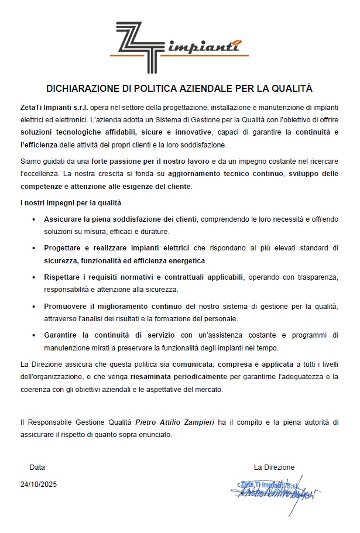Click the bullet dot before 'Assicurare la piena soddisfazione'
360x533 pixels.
point(33,219)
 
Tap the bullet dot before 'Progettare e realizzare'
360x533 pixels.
point(33,249)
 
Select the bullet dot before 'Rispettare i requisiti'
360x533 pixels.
point(33,277)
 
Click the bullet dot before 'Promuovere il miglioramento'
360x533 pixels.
point(33,307)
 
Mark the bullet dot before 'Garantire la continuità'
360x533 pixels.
point(33,335)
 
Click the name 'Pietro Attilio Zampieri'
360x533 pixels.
point(175,422)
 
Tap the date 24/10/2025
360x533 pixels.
point(39,484)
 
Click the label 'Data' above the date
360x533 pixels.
point(37,467)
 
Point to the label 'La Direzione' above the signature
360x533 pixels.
point(274,467)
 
